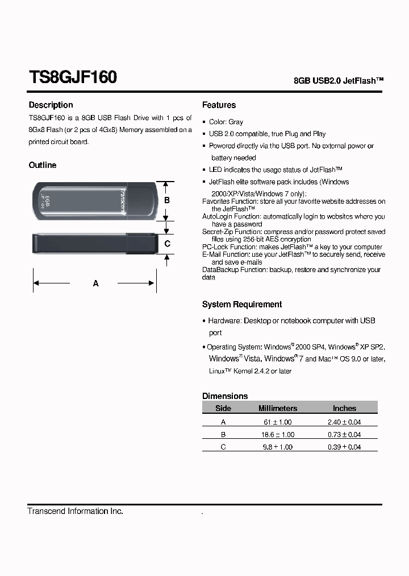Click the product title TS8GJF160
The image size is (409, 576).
pyautogui.click(x=73, y=77)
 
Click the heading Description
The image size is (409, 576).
pyautogui.click(x=51, y=105)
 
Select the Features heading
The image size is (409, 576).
pyautogui.click(x=219, y=105)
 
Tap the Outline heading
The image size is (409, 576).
pyautogui.click(x=43, y=165)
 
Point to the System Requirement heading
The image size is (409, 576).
pyautogui.click(x=242, y=305)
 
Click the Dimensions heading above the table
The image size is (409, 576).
pyautogui.click(x=225, y=396)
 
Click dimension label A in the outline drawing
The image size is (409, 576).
pyautogui.click(x=95, y=283)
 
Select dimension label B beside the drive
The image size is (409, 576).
pyautogui.click(x=167, y=200)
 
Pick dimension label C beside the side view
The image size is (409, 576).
pyautogui.click(x=167, y=244)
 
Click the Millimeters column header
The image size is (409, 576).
pyautogui.click(x=278, y=408)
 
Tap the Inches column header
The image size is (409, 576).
pyautogui.click(x=344, y=408)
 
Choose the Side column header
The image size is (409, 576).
pyautogui.click(x=223, y=408)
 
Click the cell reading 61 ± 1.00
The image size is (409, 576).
pyautogui.click(x=278, y=422)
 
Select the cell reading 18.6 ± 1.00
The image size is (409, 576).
pyautogui.click(x=278, y=434)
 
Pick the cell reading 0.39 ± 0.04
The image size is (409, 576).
pyautogui.click(x=344, y=447)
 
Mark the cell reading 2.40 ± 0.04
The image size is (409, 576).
pyautogui.click(x=344, y=422)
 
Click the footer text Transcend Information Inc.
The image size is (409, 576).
pyautogui.click(x=76, y=511)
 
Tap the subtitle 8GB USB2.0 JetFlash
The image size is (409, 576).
pyautogui.click(x=339, y=81)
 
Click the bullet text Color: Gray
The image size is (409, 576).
pyautogui.click(x=226, y=122)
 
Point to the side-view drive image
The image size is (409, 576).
pyautogui.click(x=94, y=244)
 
